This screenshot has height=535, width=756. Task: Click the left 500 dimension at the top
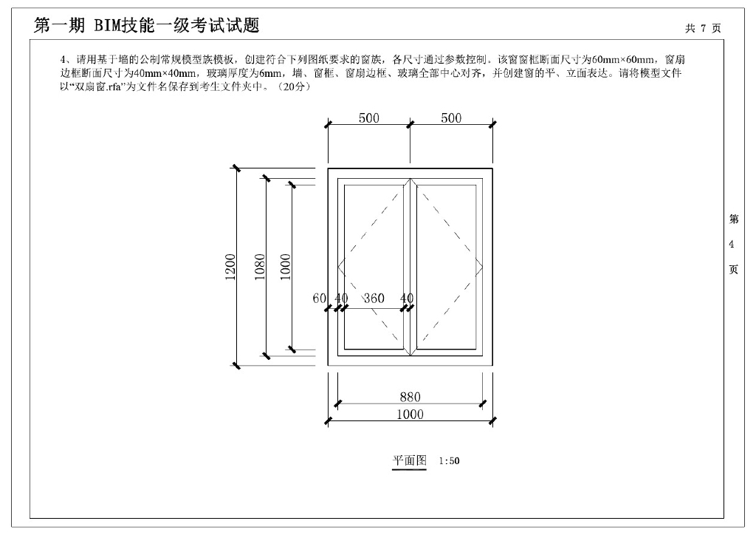click(x=369, y=118)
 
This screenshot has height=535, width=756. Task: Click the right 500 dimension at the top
click(x=451, y=118)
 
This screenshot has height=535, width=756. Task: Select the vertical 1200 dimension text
click(x=230, y=267)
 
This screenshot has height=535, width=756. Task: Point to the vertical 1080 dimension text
click(x=260, y=267)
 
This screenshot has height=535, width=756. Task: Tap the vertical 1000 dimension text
click(x=286, y=267)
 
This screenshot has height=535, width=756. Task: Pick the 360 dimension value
click(x=374, y=299)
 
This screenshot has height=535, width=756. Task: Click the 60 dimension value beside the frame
click(x=319, y=299)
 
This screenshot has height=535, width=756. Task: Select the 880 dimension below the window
click(x=410, y=398)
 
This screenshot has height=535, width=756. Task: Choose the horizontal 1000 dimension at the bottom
click(x=410, y=415)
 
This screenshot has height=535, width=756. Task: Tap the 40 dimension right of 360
click(x=407, y=299)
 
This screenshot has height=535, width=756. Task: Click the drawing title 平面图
click(x=409, y=460)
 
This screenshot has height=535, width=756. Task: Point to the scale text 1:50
click(x=449, y=461)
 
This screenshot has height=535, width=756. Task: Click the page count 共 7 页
click(x=702, y=28)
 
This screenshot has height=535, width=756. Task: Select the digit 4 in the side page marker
click(x=732, y=245)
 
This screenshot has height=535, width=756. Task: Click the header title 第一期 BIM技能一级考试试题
click(x=147, y=26)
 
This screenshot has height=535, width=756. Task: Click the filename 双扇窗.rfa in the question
click(x=96, y=87)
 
